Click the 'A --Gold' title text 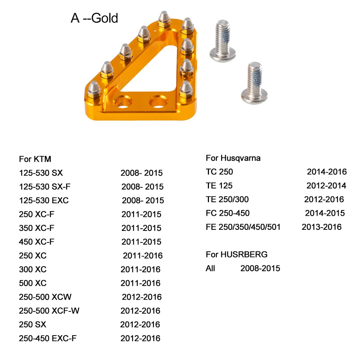tap(94, 18)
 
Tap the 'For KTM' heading tap(35, 159)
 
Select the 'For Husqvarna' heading tap(233, 158)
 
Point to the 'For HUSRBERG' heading tap(237, 254)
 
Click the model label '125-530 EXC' tap(44, 200)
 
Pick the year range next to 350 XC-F tap(141, 228)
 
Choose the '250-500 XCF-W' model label tap(49, 311)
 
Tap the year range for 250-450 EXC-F tap(140, 338)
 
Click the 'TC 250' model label tap(219, 172)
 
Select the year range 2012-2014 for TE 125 tap(326, 186)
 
